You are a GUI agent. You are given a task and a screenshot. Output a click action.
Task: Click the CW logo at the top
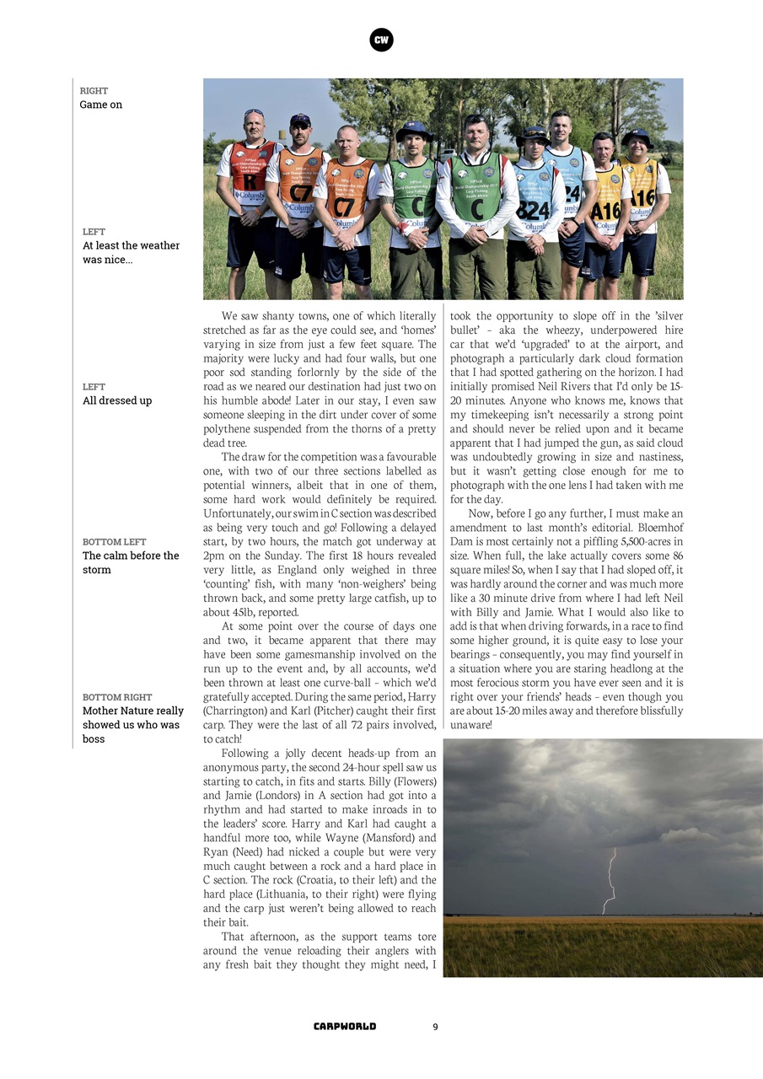381,40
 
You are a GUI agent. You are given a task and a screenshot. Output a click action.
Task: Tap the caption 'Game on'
101,105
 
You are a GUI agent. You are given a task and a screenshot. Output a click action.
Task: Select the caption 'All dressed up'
117,400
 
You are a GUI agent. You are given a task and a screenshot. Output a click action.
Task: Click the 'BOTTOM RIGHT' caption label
117,697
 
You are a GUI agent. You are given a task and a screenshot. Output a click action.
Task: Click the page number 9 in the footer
435,1027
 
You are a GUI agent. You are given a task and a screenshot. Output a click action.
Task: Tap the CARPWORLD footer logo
345,1027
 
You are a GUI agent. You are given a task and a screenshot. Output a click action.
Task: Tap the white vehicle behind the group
449,158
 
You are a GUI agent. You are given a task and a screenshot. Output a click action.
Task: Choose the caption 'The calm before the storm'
131,562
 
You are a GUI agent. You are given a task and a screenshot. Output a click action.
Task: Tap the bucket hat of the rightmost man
637,136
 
